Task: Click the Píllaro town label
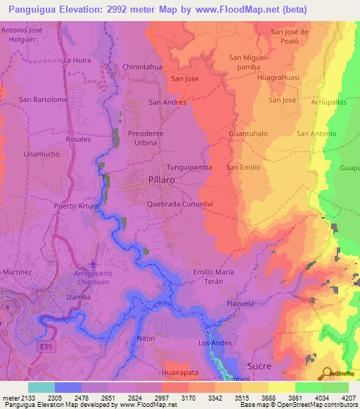[155, 180]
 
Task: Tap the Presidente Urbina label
[146, 137]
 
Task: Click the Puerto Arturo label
[77, 206]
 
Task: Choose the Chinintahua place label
[143, 67]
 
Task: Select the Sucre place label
[259, 366]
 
